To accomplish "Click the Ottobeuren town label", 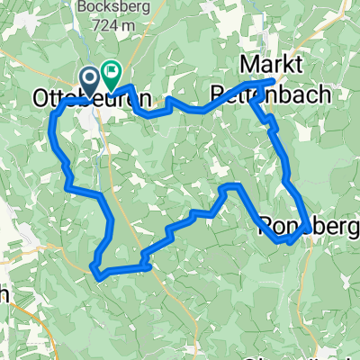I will (90, 97).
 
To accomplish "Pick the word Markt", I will (274, 67).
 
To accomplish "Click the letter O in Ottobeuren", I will (40, 97).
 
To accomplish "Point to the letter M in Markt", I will (248, 67).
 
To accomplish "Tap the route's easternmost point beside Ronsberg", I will (310, 226).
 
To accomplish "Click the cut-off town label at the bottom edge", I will (324, 355).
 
